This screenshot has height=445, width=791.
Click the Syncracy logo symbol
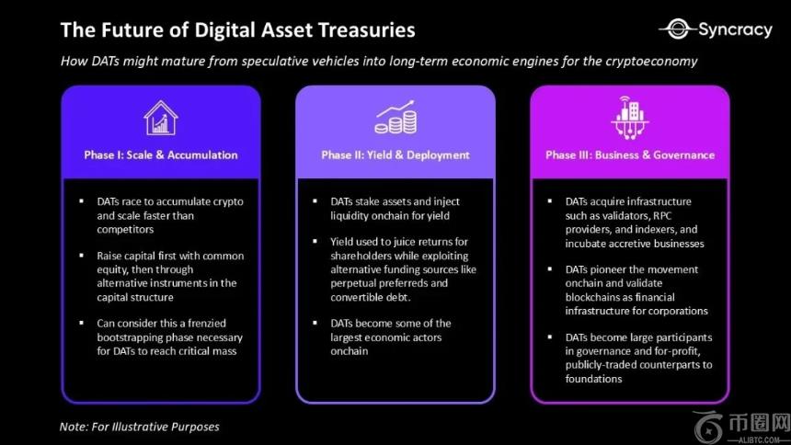(x=678, y=29)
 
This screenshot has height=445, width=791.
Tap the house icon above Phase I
(x=160, y=118)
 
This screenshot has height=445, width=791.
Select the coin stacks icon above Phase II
(x=395, y=117)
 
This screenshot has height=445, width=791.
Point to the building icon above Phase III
(x=629, y=118)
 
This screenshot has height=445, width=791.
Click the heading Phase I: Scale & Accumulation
(x=160, y=154)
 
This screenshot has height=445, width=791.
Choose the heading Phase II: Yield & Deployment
(x=395, y=154)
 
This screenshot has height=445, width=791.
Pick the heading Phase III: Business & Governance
(x=629, y=154)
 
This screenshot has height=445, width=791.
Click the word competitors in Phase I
(x=125, y=230)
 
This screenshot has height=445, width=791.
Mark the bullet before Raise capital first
(x=82, y=256)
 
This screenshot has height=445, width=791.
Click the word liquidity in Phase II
(x=350, y=216)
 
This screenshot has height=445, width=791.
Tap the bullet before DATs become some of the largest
(x=315, y=323)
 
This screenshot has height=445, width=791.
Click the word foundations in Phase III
(x=593, y=379)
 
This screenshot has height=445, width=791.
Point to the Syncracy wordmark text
(x=735, y=30)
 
